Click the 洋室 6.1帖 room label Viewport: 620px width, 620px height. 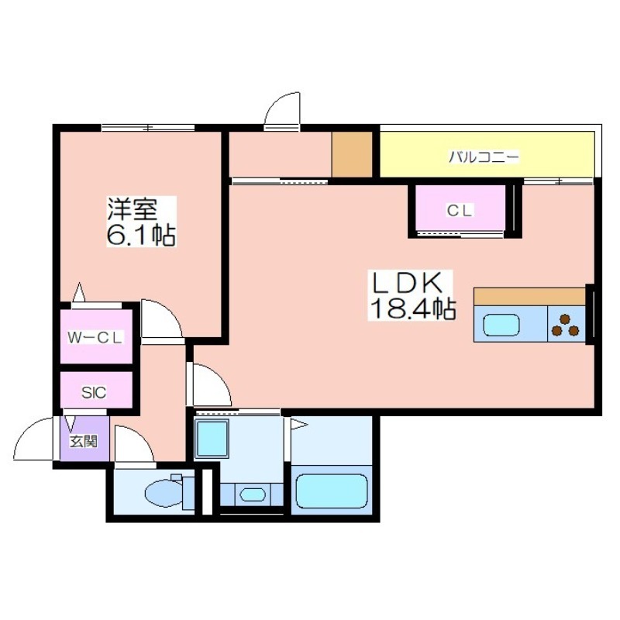point(141,222)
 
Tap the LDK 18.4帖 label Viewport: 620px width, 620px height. point(412,295)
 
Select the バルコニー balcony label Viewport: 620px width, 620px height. point(483,157)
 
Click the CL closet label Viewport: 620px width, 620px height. point(460,211)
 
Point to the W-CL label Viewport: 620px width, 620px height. point(95,337)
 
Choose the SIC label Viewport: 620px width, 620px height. point(94,392)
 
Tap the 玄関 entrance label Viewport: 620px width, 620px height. point(84,441)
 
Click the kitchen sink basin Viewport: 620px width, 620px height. point(501,325)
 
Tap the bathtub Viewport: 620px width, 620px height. point(332,491)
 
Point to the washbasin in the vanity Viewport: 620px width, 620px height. point(252,494)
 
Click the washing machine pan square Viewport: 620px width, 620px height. point(212,439)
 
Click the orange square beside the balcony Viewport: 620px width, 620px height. point(352,154)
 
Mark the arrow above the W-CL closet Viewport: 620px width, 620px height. point(80,292)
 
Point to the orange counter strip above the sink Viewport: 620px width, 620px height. point(529,297)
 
